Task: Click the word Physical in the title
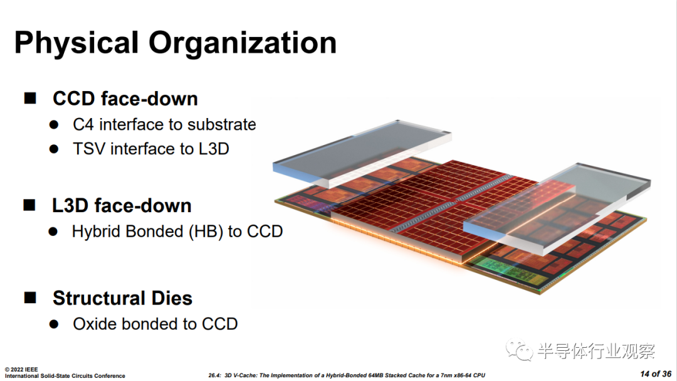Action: coord(76,43)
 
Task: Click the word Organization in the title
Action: coord(242,43)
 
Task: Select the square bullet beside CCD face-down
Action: coord(30,98)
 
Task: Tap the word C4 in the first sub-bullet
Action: coord(83,124)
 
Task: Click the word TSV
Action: coord(89,149)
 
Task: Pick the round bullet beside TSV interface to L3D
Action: coord(54,149)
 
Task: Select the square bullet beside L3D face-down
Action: coord(29,205)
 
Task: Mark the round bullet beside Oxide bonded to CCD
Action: coord(54,325)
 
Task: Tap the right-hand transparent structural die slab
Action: coord(557,207)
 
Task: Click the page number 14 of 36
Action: coord(656,373)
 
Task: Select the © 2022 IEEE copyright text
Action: coord(21,369)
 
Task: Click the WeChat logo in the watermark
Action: coord(520,350)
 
